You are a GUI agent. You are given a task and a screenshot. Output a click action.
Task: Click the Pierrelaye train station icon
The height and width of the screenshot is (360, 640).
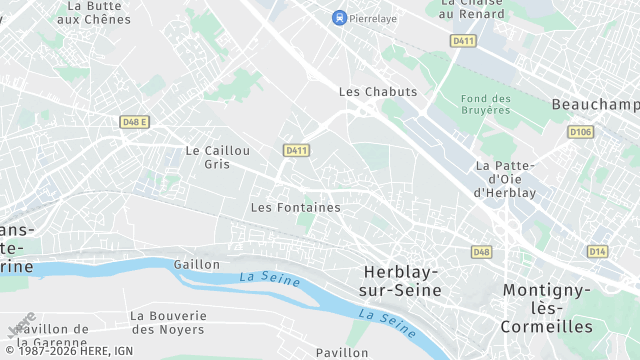click(x=340, y=17)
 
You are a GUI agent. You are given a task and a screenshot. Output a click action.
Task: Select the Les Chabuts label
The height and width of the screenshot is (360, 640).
click(x=378, y=91)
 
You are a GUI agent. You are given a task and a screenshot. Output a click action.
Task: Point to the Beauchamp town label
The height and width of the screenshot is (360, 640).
click(x=595, y=104)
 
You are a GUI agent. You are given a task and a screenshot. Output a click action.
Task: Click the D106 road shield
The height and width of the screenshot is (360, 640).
click(x=580, y=132)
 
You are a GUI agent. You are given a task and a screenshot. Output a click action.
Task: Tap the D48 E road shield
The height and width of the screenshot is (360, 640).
click(x=133, y=122)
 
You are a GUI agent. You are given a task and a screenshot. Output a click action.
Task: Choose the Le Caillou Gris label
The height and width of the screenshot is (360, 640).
click(x=217, y=157)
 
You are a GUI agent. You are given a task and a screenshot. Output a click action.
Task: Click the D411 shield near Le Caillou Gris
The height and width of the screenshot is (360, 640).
click(x=295, y=150)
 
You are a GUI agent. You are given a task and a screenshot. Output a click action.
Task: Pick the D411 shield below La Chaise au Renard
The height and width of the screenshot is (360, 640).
click(x=463, y=41)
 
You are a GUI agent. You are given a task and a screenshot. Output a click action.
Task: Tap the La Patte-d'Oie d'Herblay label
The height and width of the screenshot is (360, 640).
click(x=506, y=179)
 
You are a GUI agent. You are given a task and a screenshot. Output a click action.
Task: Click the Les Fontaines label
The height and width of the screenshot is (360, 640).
click(x=295, y=208)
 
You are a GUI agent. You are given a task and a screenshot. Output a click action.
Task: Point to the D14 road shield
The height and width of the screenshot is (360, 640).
click(x=597, y=251)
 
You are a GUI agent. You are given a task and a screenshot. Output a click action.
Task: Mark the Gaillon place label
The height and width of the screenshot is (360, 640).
click(x=196, y=264)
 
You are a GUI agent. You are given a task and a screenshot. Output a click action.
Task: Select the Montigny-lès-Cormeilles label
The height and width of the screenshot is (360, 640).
click(x=548, y=308)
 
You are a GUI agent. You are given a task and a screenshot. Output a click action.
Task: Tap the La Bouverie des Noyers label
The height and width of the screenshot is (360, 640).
click(x=168, y=322)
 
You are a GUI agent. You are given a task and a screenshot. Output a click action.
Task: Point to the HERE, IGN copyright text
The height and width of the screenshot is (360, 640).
click(x=70, y=351)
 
